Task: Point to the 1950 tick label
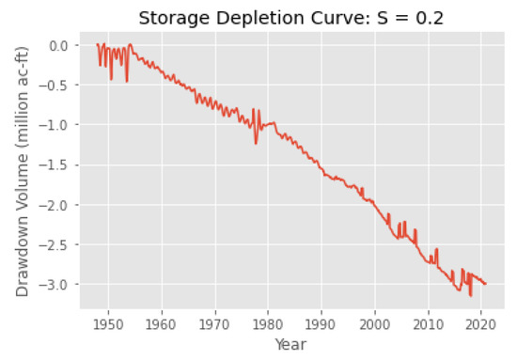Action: pyautogui.click(x=108, y=320)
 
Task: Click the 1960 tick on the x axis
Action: pyautogui.click(x=162, y=320)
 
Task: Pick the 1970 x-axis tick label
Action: pyautogui.click(x=215, y=320)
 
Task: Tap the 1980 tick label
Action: pyautogui.click(x=269, y=320)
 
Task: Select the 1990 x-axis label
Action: pyautogui.click(x=322, y=320)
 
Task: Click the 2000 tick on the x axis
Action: pyautogui.click(x=376, y=320)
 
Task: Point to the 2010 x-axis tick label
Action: pyautogui.click(x=429, y=320)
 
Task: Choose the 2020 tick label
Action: pyautogui.click(x=482, y=320)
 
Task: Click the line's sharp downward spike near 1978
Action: pyautogui.click(x=256, y=143)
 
